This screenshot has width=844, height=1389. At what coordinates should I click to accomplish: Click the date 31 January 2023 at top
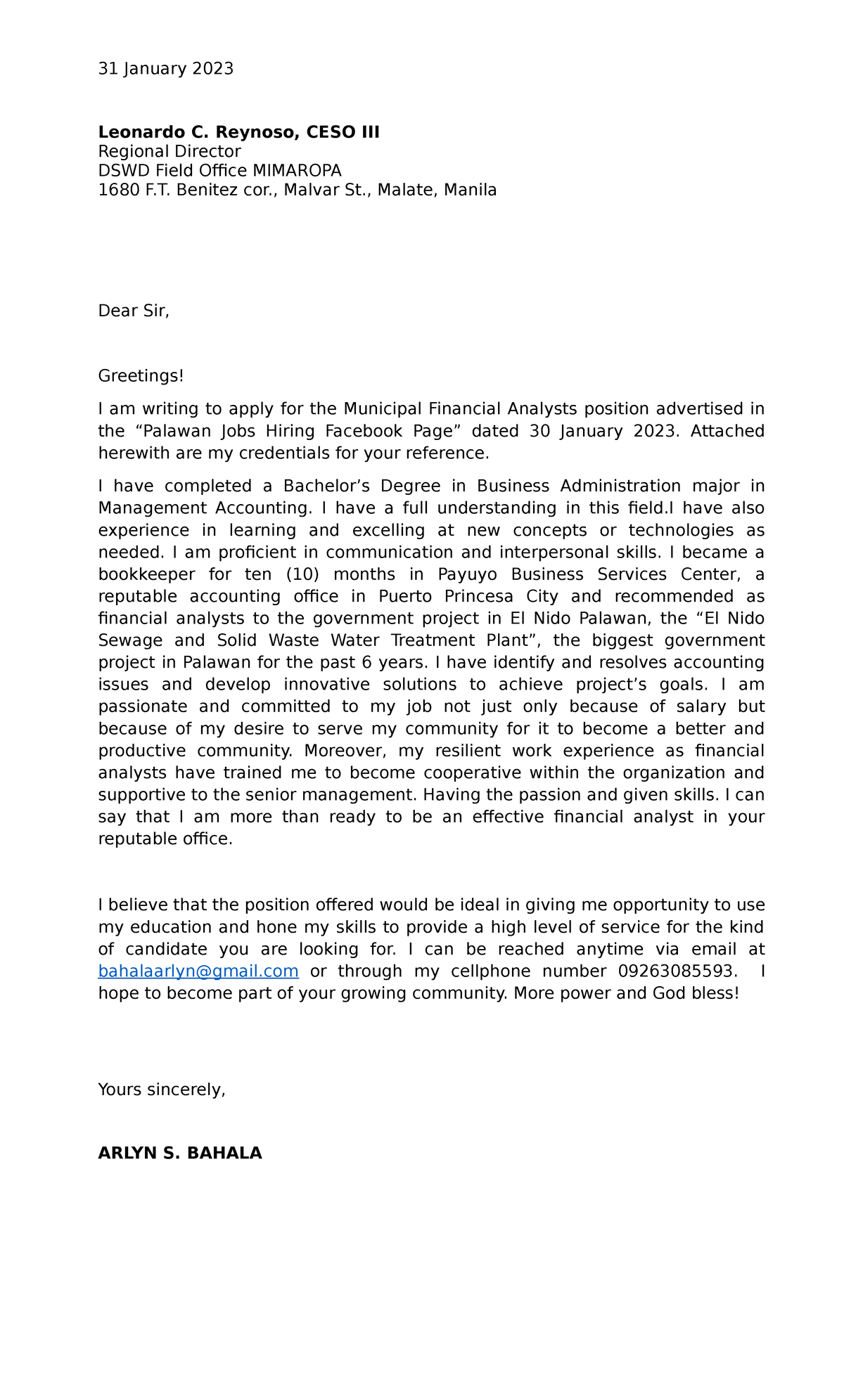(x=165, y=68)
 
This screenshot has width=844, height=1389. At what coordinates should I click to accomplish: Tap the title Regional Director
(x=170, y=151)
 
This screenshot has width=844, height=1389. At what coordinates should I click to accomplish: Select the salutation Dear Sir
(x=134, y=311)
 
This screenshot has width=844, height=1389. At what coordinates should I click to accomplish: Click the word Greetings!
(x=141, y=376)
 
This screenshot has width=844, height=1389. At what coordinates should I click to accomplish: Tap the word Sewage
(x=130, y=640)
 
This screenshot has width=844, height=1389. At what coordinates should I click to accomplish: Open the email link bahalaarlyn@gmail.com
(x=198, y=971)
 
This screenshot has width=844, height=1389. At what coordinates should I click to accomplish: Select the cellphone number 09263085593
(x=678, y=971)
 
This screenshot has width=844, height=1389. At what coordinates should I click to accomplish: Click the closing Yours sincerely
(x=162, y=1090)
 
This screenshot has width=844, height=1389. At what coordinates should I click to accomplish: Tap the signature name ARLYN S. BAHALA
(x=180, y=1154)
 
